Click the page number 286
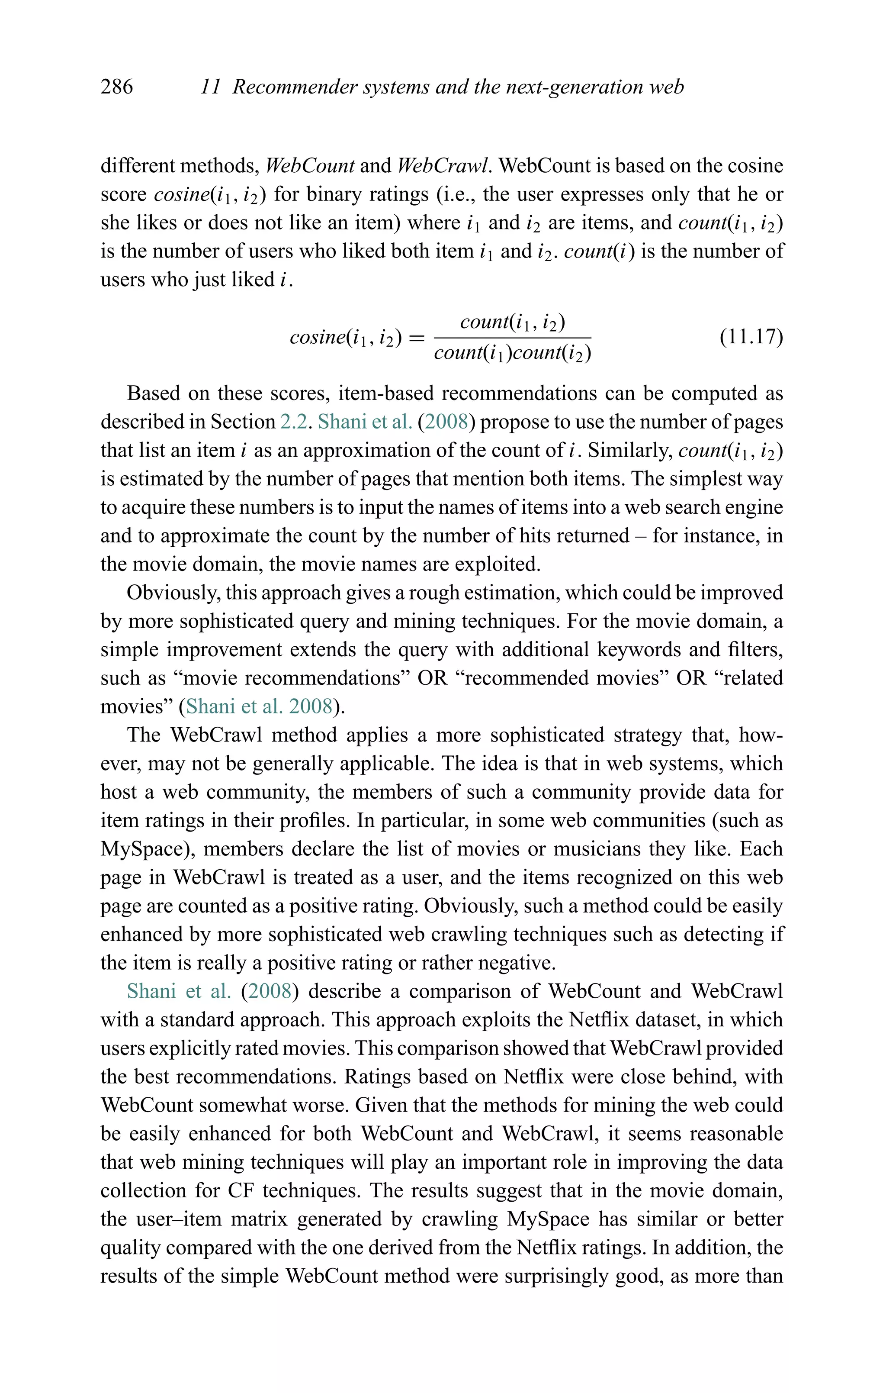117,87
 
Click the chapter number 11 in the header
211,87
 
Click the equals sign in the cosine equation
417,337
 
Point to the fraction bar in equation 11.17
512,338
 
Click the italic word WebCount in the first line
310,166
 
